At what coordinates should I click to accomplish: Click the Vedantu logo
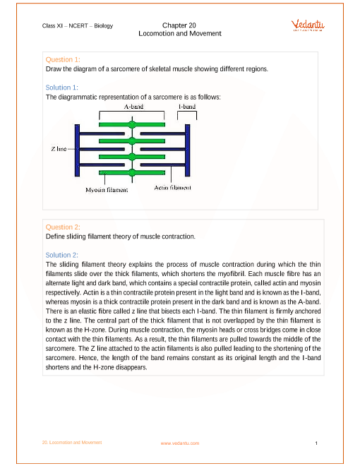[308, 25]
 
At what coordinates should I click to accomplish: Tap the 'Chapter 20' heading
[179, 25]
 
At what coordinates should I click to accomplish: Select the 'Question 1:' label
[63, 60]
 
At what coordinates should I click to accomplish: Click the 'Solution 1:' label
[62, 88]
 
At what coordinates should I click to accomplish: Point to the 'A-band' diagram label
[133, 107]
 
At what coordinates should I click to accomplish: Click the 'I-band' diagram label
[187, 107]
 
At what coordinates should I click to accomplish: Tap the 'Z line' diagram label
[59, 148]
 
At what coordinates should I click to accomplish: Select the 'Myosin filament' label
[107, 190]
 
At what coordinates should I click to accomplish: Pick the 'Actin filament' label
[172, 188]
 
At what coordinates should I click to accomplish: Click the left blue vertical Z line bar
[77, 150]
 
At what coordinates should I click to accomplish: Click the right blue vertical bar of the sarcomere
[188, 150]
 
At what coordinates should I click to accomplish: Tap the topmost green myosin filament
[132, 124]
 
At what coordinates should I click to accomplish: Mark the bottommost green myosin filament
[132, 173]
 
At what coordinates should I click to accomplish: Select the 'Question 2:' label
[63, 227]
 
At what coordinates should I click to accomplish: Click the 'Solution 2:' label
[62, 256]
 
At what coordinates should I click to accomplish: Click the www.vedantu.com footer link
[180, 443]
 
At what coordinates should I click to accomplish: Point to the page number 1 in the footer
[316, 443]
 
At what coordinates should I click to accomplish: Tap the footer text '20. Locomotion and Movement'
[72, 443]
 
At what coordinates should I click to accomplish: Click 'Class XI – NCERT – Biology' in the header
[78, 26]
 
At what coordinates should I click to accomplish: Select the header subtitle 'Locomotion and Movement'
[180, 34]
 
